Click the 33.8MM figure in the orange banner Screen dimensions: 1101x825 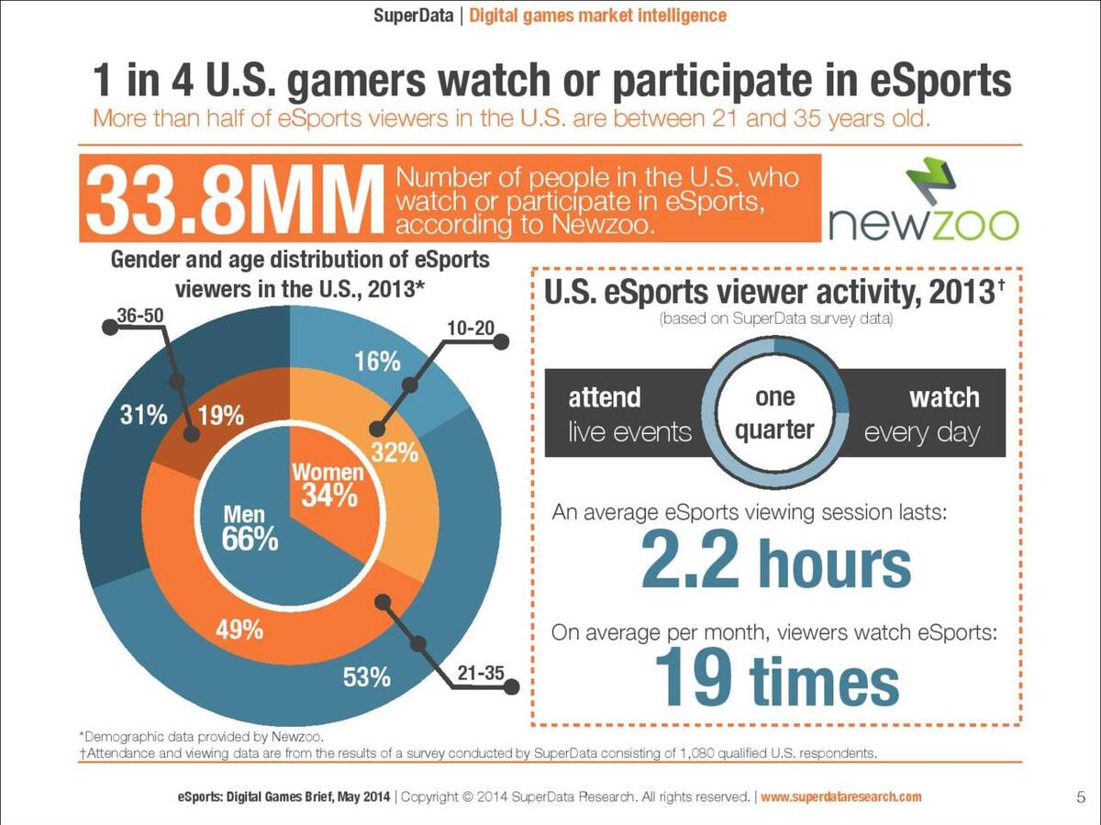click(232, 200)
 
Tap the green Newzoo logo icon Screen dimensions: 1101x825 click(931, 181)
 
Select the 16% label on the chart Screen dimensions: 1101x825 click(377, 361)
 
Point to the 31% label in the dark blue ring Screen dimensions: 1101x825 click(143, 416)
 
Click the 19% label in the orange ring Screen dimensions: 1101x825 click(221, 416)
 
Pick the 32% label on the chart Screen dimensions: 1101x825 click(395, 452)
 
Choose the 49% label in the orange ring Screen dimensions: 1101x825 click(239, 629)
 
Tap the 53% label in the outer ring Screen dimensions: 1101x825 click(367, 677)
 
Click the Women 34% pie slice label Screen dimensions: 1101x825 click(328, 485)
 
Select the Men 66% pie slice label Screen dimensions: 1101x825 click(250, 527)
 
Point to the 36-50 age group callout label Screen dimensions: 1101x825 click(140, 316)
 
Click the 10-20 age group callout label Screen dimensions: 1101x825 click(471, 328)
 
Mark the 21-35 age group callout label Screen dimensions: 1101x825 click(481, 673)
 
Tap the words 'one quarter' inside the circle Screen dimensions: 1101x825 click(775, 413)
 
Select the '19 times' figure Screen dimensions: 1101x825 click(777, 677)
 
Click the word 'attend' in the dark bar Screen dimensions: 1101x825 click(605, 397)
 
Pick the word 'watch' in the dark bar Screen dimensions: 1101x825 click(944, 397)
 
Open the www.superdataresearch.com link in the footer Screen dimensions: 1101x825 click(841, 797)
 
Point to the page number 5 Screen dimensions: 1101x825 click(1081, 797)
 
